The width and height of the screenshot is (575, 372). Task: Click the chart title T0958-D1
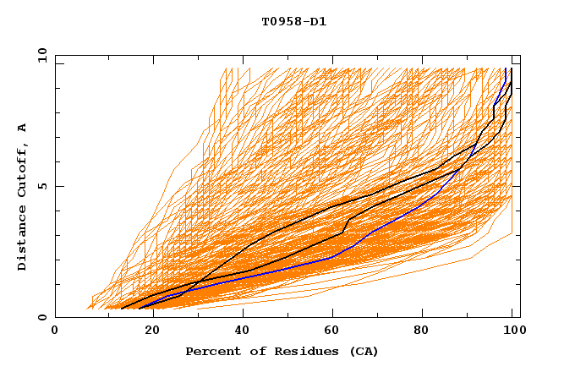(293, 21)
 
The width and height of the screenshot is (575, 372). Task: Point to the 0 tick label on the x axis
(55, 331)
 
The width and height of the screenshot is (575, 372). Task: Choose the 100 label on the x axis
(512, 331)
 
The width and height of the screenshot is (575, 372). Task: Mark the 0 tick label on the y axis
(42, 318)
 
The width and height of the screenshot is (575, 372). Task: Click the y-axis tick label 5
(42, 186)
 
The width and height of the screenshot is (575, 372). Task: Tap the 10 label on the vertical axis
(39, 55)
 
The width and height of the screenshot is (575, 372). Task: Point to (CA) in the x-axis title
(361, 351)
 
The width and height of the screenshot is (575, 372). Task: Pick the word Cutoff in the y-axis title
(23, 170)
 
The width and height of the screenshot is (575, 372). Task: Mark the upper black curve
(338, 204)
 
